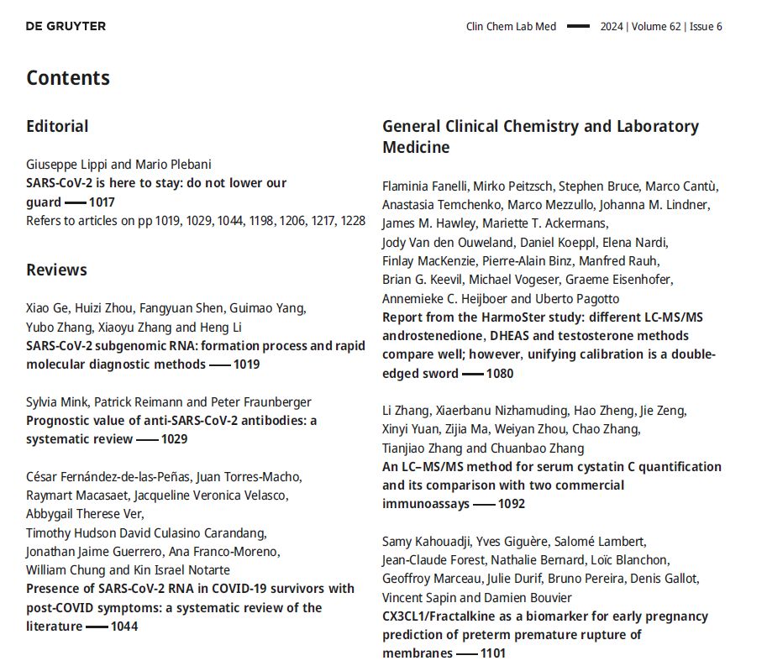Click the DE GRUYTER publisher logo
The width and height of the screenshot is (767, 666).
[x=66, y=26]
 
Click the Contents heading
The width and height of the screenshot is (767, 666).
[x=68, y=77]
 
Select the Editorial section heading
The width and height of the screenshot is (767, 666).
[x=57, y=127]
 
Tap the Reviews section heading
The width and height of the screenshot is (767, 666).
[x=56, y=270]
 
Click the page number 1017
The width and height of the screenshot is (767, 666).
[x=102, y=202]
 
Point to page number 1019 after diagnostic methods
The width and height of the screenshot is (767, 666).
[x=246, y=364]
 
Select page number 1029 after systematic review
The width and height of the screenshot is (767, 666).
[x=174, y=438]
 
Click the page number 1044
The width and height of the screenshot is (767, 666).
[x=123, y=626]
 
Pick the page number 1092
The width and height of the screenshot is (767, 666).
[x=511, y=504]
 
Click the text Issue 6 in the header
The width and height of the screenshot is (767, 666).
[x=706, y=27]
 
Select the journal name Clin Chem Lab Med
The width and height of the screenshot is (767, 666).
[x=511, y=27]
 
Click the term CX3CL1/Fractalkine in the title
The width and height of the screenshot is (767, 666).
[x=439, y=616]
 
